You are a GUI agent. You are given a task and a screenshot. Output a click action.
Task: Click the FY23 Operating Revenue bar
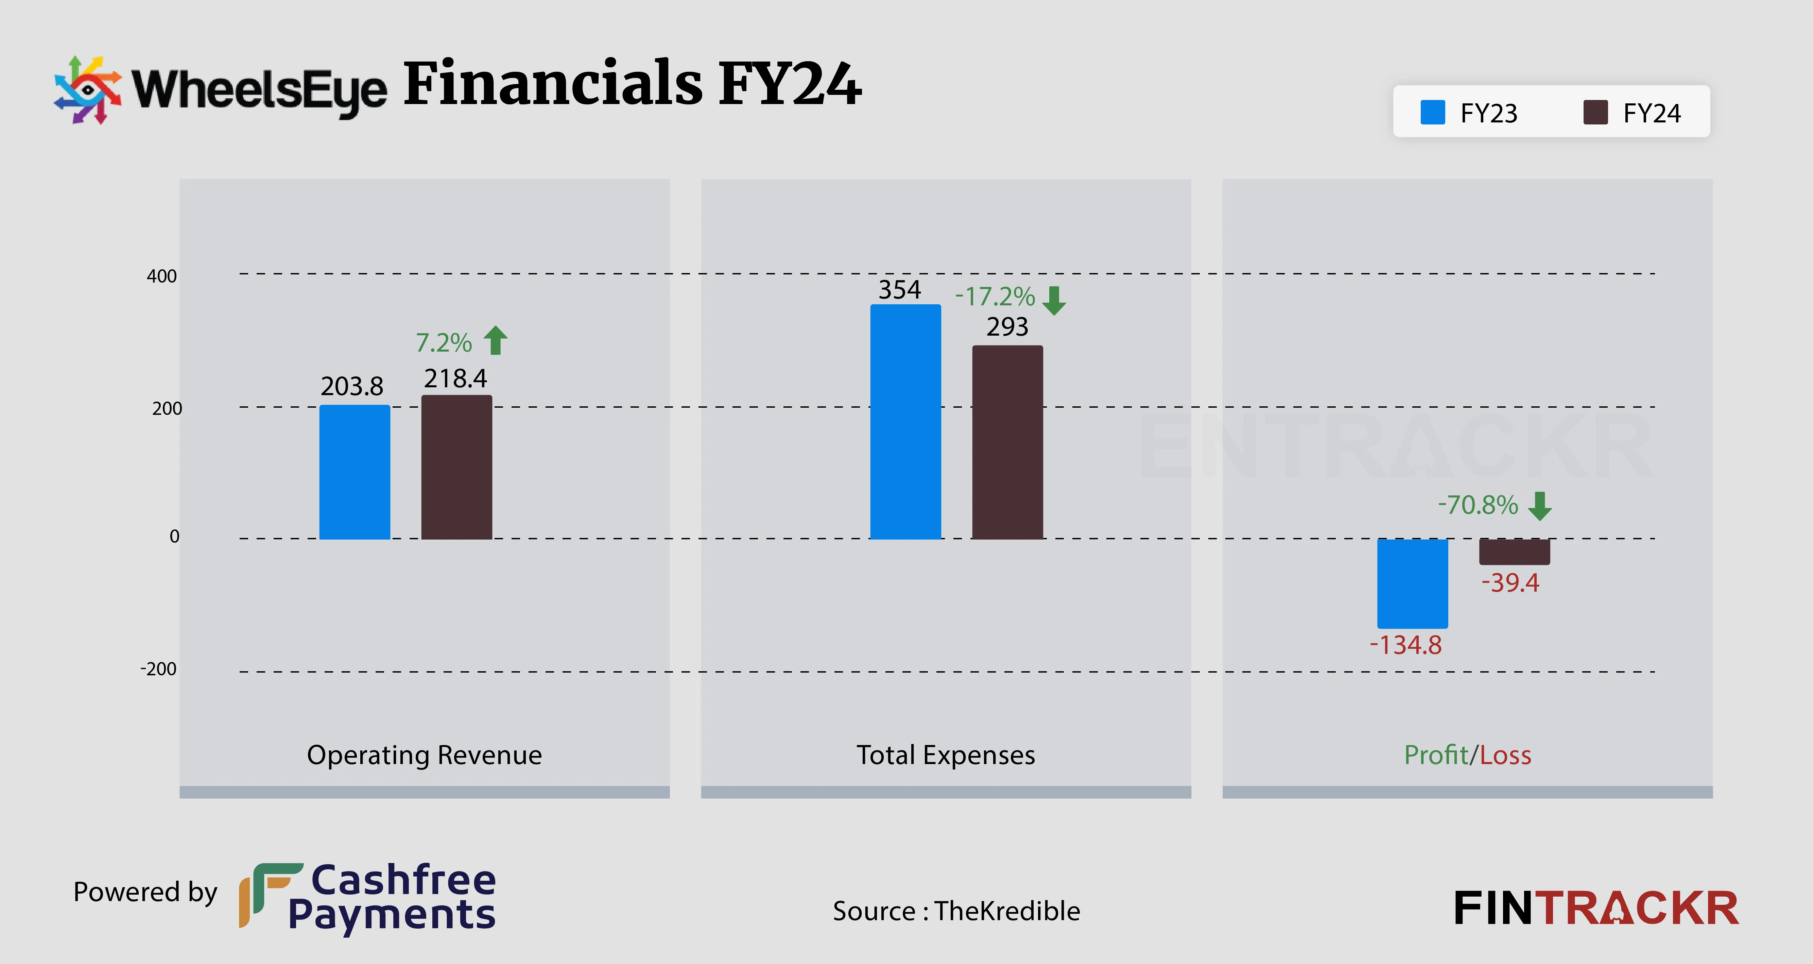click(355, 472)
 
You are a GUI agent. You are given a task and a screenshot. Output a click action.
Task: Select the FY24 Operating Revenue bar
click(457, 467)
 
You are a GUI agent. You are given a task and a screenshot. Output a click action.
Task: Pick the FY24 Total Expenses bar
click(1007, 442)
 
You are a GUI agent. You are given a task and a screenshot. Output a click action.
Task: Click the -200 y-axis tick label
click(158, 669)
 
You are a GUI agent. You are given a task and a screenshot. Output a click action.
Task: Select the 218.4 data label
click(455, 379)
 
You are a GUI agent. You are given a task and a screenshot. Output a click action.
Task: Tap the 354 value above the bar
click(899, 289)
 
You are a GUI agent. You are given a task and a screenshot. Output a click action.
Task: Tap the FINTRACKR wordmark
click(1595, 908)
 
